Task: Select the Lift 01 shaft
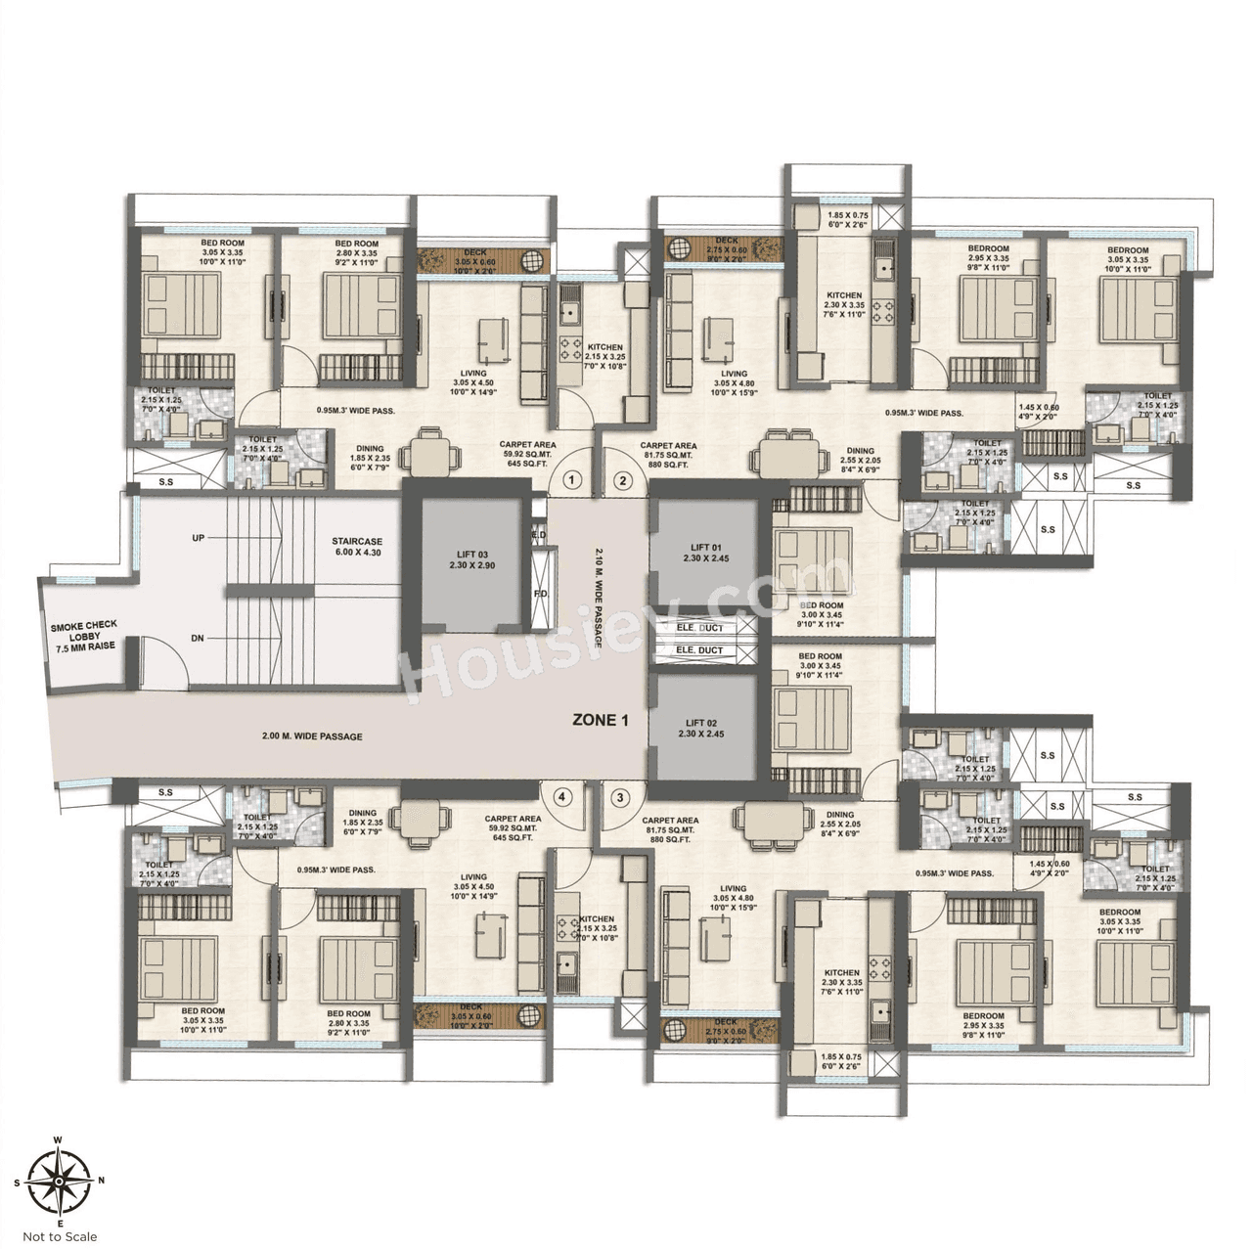[x=705, y=554]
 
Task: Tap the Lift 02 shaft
[x=705, y=728]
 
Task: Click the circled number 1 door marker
[x=573, y=480]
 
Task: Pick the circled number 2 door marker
[x=622, y=480]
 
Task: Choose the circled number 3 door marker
[x=619, y=797]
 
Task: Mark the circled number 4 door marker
[x=561, y=797]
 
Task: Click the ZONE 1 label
[x=601, y=720]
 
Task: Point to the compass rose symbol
[x=60, y=1182]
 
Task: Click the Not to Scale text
[x=60, y=1236]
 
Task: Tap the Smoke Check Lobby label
[x=84, y=637]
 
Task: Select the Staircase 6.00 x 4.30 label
[x=356, y=547]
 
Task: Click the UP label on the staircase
[x=198, y=538]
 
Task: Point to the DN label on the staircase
[x=198, y=638]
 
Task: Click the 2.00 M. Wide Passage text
[x=312, y=736]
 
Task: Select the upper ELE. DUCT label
[x=699, y=627]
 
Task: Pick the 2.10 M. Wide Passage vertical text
[x=599, y=598]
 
